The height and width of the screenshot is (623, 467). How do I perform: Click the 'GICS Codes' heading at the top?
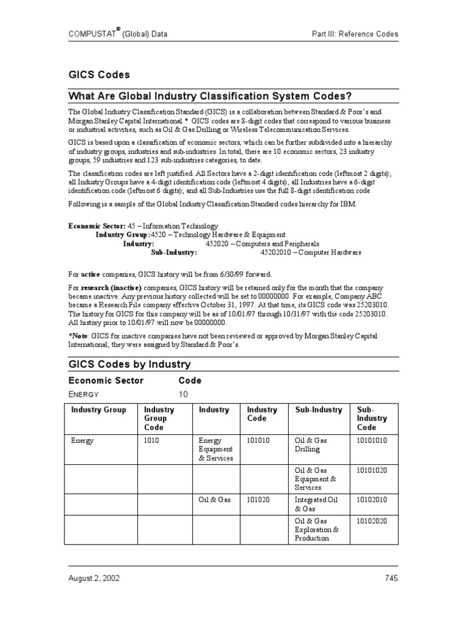click(x=99, y=75)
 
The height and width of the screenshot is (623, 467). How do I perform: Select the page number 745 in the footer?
click(x=390, y=578)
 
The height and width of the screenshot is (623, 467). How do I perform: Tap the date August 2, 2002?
click(x=94, y=578)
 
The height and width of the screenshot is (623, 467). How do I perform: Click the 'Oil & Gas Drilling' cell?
click(x=311, y=445)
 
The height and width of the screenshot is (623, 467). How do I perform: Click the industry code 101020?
click(x=258, y=499)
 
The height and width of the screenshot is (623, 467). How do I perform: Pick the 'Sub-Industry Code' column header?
click(x=372, y=419)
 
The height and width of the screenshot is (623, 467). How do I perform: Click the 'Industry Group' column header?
click(x=99, y=410)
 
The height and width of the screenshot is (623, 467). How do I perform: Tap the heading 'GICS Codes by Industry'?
click(x=130, y=364)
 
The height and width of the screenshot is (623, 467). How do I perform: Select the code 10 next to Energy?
click(x=183, y=394)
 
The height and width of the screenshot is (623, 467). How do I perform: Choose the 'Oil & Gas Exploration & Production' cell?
click(x=316, y=529)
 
